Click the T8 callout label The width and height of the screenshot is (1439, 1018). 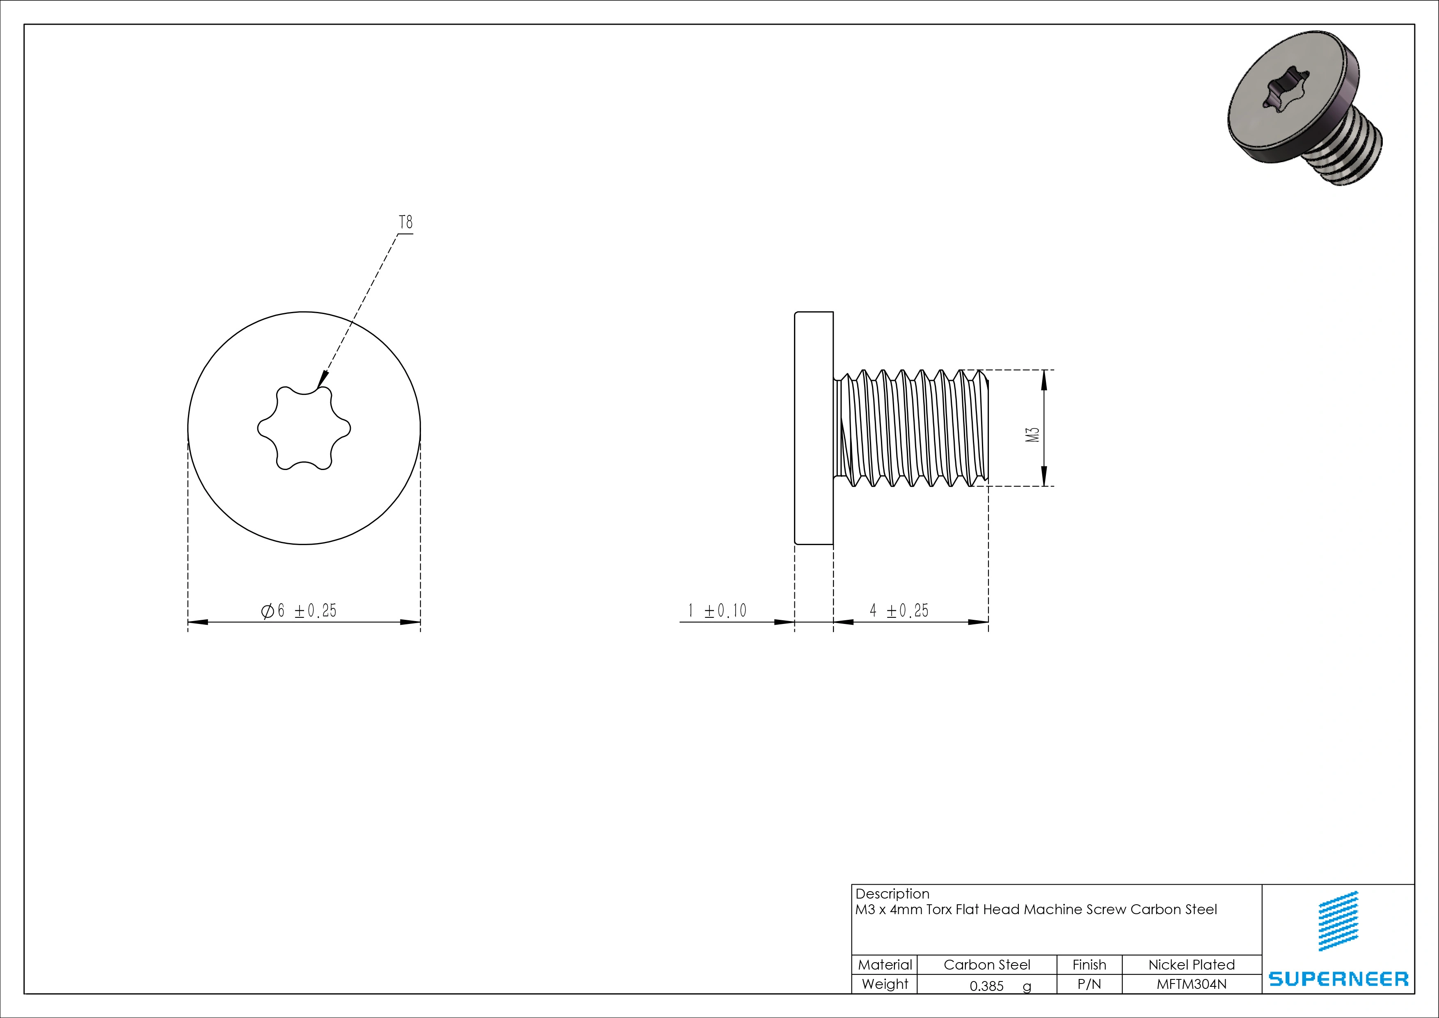[406, 222]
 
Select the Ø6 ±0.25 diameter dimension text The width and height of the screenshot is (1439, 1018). [299, 610]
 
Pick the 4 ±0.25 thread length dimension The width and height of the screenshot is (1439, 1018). [899, 610]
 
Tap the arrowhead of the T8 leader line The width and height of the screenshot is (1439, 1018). [322, 380]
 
